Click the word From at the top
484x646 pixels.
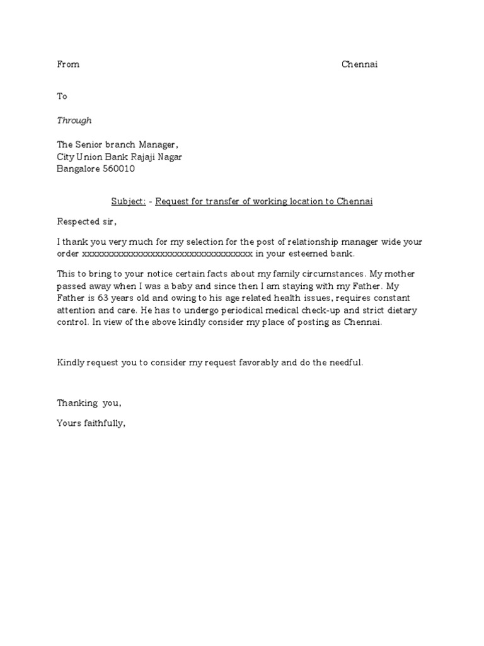(68, 64)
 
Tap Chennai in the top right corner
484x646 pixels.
(359, 64)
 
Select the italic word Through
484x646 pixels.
(74, 120)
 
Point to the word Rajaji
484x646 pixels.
(145, 157)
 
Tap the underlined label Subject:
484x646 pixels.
(129, 201)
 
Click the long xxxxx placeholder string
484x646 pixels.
(167, 254)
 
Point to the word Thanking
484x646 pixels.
(74, 403)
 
